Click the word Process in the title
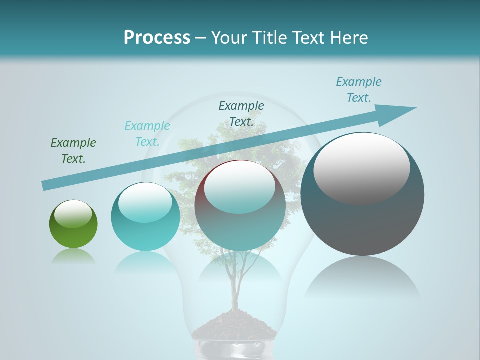(x=157, y=37)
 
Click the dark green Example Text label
(x=73, y=150)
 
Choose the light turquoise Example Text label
(x=147, y=133)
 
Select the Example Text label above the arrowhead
(x=359, y=89)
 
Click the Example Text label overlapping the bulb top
(x=241, y=113)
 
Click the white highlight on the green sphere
(x=73, y=214)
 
